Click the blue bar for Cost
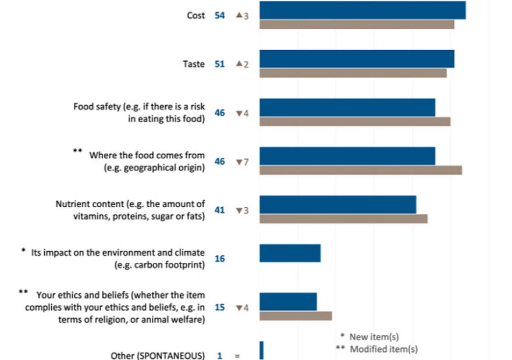coord(362,10)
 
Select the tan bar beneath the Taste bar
coord(353,73)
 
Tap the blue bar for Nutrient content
coord(337,205)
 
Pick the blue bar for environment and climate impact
coord(290,253)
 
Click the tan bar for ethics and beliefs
coord(296,316)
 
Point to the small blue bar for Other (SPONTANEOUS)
coord(262,351)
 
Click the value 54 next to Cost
coord(219,15)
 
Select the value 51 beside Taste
coord(219,64)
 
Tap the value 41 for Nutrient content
coord(219,210)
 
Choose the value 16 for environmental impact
coord(219,259)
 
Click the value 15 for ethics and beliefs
coord(219,308)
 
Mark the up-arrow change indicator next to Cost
coord(242,15)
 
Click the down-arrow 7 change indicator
coord(242,162)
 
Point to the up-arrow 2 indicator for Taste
coord(242,64)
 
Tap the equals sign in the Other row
coord(237,356)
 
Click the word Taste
coord(194,64)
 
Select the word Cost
coord(195,15)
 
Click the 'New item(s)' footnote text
coord(374,337)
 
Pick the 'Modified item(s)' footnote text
coord(383,349)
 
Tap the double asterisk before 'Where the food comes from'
coord(77,151)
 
